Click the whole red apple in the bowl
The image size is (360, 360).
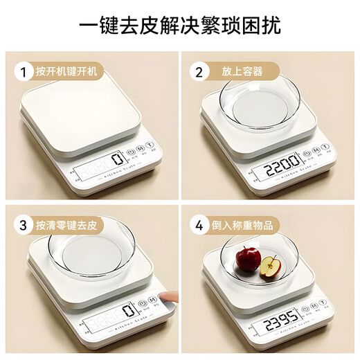point(248,259)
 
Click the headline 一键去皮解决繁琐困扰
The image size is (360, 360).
point(180,28)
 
